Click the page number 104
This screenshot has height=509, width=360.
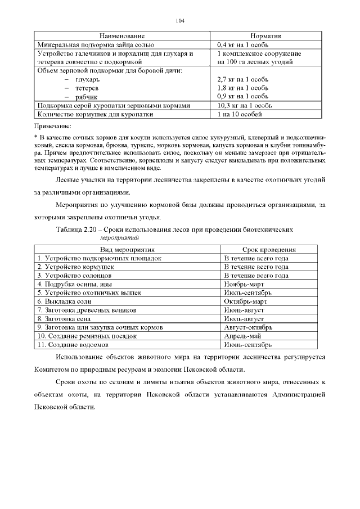(x=180, y=21)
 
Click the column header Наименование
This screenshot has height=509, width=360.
(x=122, y=35)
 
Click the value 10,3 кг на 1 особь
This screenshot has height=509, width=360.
(x=244, y=105)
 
